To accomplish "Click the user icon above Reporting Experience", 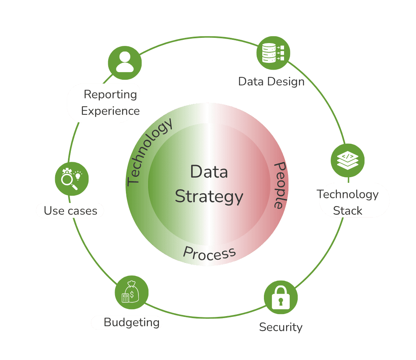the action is [x=125, y=63].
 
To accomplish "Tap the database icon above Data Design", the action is [x=273, y=53].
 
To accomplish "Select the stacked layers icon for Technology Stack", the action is [x=348, y=160].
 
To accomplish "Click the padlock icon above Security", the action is [x=281, y=297].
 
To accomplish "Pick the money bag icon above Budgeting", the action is [x=132, y=292].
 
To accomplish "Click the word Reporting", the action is [x=110, y=95].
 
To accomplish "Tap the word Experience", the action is [x=110, y=111].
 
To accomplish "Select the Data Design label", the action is [x=272, y=81].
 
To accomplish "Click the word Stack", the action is [x=348, y=211].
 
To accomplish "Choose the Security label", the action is [x=281, y=327].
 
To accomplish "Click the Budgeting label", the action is [x=132, y=323].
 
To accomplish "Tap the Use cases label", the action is [x=70, y=211].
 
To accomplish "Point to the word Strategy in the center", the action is [x=209, y=197].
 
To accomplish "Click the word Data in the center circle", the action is [x=209, y=172].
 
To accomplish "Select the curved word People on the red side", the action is [x=280, y=185].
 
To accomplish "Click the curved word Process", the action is [x=209, y=253].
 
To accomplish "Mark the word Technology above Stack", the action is [x=348, y=194].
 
